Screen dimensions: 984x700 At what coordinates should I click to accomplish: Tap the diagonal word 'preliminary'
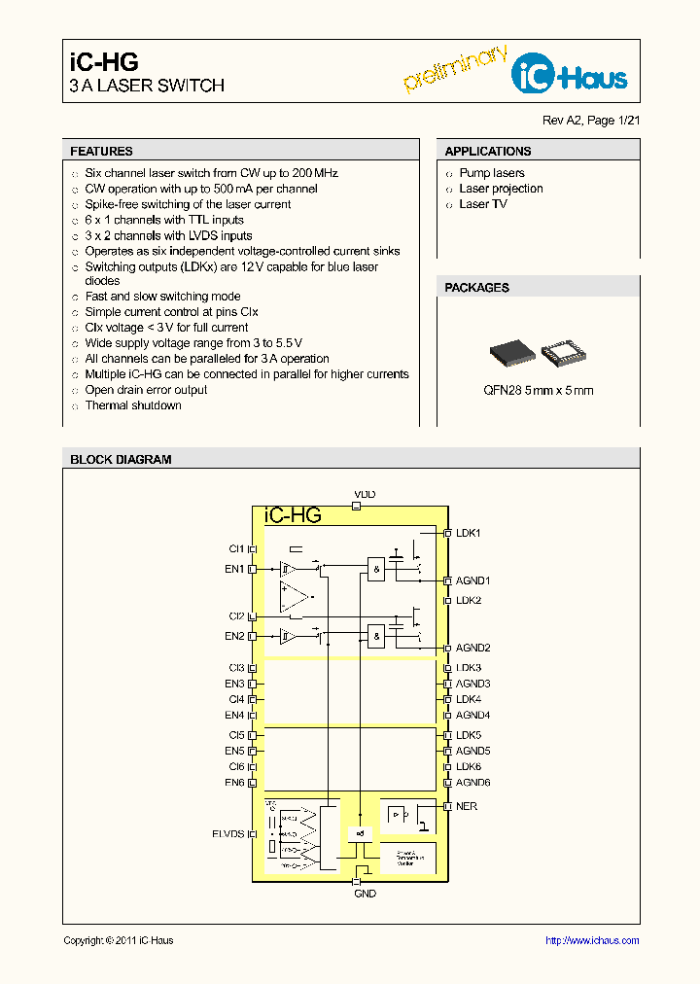pyautogui.click(x=455, y=68)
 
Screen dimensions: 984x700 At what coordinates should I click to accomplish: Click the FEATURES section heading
pyautogui.click(x=101, y=152)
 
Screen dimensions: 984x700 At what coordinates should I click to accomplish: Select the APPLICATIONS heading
pyautogui.click(x=487, y=152)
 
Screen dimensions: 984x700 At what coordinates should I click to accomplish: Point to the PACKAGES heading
pyautogui.click(x=476, y=288)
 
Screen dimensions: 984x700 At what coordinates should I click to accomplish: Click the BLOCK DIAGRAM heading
pyautogui.click(x=121, y=460)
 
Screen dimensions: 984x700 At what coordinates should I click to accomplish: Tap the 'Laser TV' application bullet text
pyautogui.click(x=482, y=204)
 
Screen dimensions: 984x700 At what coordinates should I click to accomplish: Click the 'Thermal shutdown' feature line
pyautogui.click(x=133, y=405)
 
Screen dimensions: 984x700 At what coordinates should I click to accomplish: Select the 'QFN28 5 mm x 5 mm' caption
pyautogui.click(x=538, y=390)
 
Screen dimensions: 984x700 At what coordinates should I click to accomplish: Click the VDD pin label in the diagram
pyautogui.click(x=365, y=495)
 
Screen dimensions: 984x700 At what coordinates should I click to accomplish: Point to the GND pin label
pyautogui.click(x=365, y=893)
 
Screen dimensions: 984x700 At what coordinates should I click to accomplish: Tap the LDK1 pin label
pyautogui.click(x=469, y=533)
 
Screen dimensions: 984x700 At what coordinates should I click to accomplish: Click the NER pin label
pyautogui.click(x=467, y=806)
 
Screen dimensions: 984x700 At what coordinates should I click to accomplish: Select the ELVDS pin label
pyautogui.click(x=227, y=833)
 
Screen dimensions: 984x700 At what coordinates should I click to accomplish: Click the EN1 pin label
pyautogui.click(x=234, y=569)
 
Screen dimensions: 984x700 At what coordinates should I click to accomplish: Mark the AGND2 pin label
pyautogui.click(x=472, y=648)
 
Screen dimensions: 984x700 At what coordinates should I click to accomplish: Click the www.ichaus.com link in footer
pyautogui.click(x=591, y=940)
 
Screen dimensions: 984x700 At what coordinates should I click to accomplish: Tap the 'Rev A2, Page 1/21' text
pyautogui.click(x=590, y=121)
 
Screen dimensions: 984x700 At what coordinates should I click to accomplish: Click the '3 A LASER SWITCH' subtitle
pyautogui.click(x=147, y=86)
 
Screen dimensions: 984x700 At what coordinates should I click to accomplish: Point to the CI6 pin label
pyautogui.click(x=236, y=766)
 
